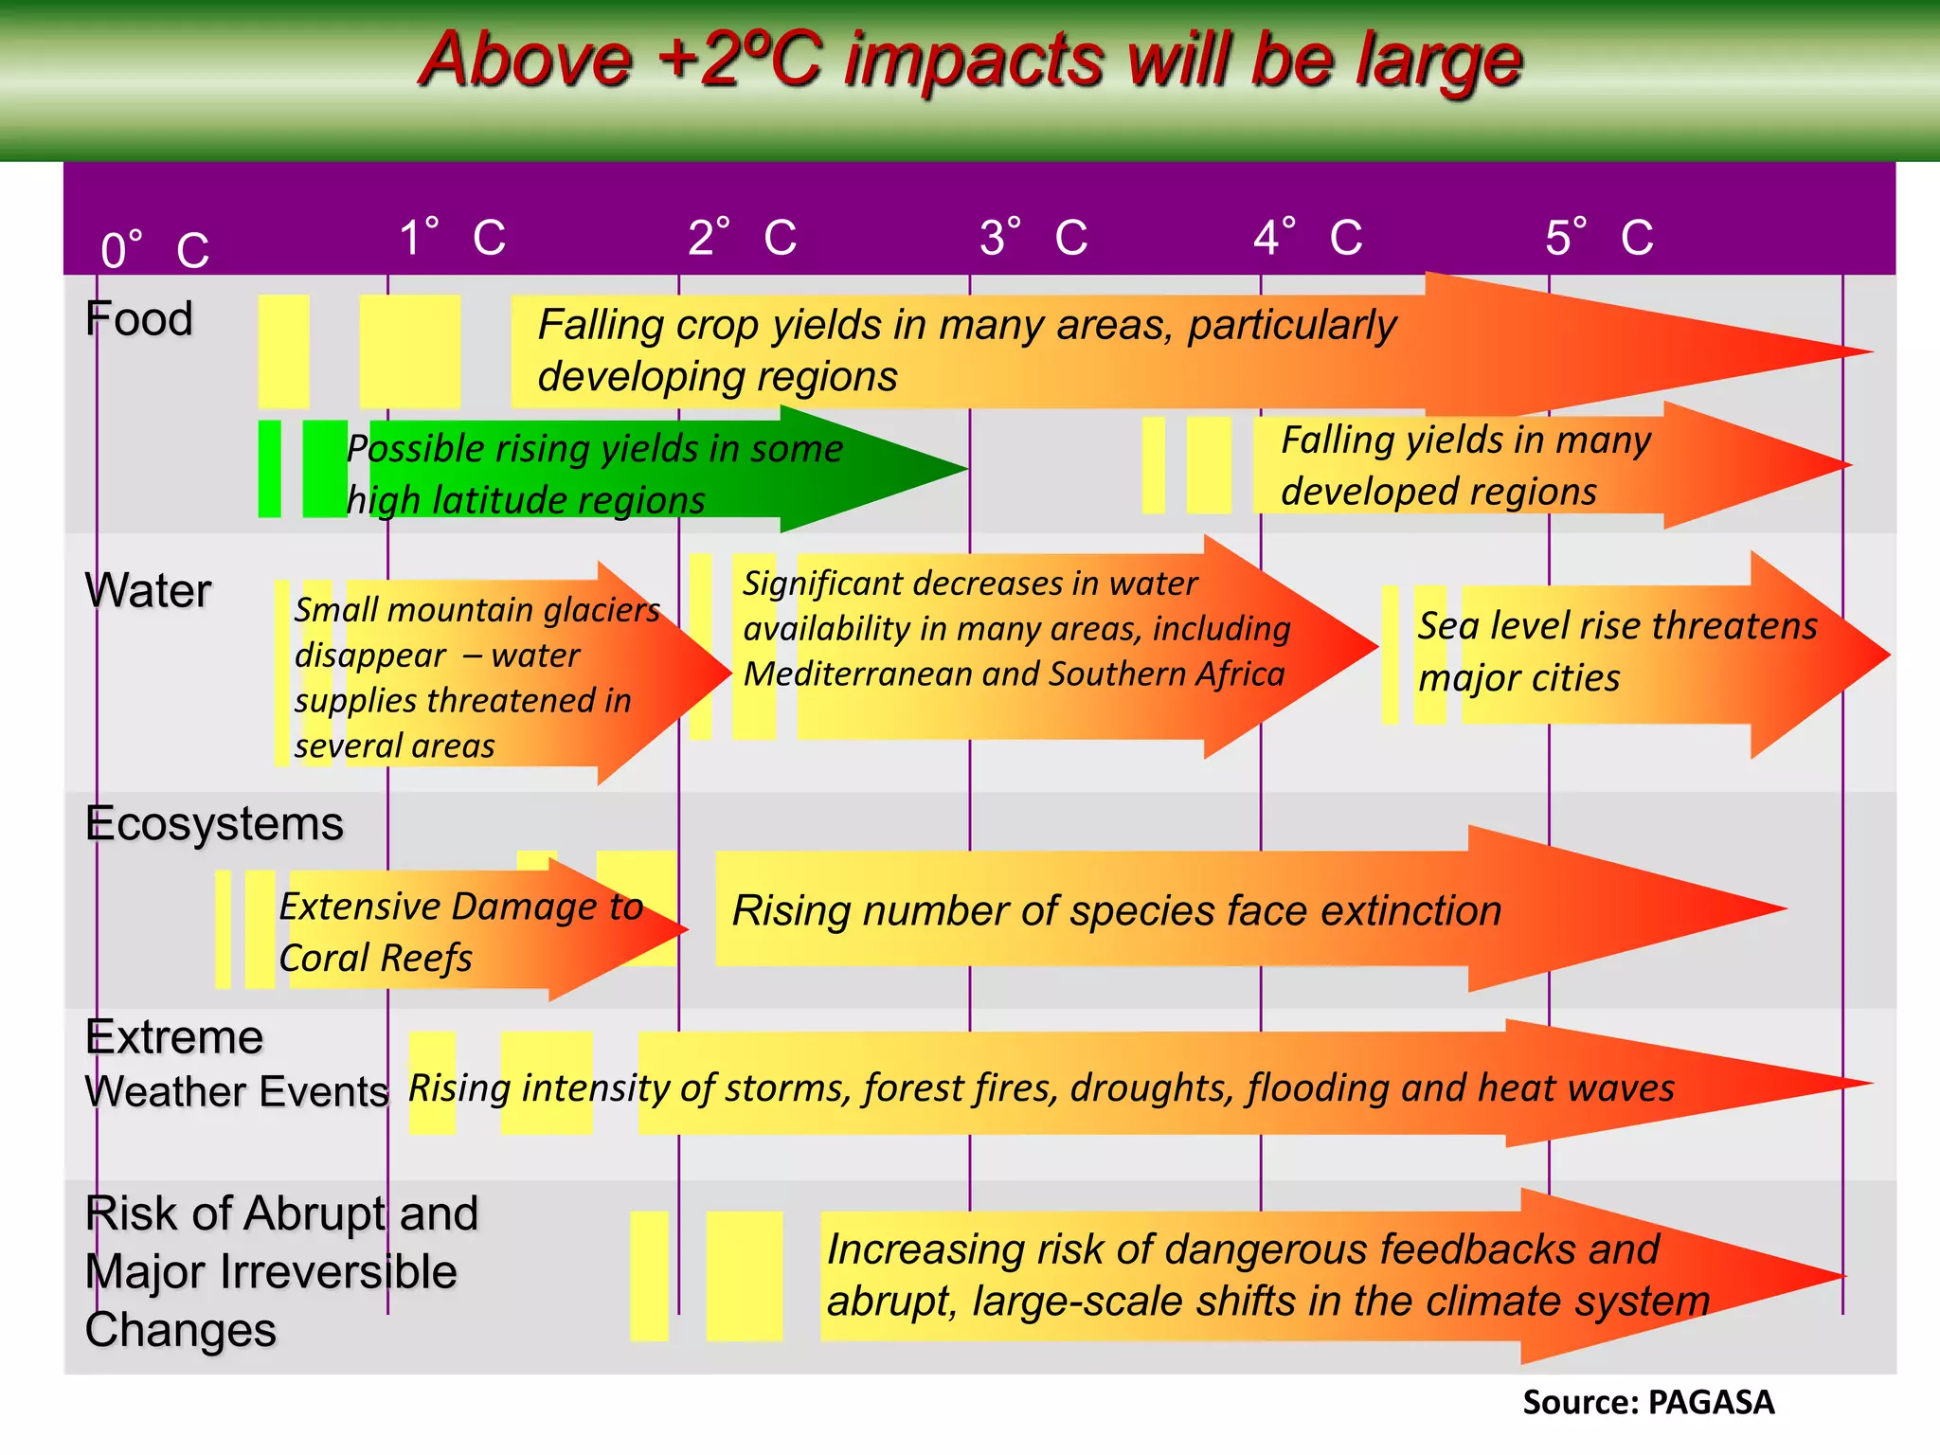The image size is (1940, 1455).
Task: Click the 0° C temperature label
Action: tap(154, 250)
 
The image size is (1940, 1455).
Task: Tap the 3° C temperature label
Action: tap(1033, 237)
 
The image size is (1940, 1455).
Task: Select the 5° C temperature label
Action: tap(1599, 237)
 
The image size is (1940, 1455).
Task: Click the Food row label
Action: tap(138, 318)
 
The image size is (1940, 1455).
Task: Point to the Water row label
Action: tap(148, 590)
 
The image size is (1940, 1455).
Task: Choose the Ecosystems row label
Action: tap(214, 823)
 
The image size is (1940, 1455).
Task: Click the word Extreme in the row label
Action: tap(174, 1036)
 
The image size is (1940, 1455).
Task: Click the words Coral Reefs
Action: tap(375, 958)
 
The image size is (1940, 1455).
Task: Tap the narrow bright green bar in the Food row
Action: tap(270, 469)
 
